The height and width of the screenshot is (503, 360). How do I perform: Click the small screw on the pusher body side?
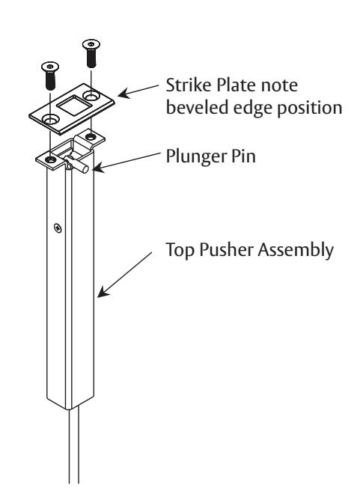pos(59,225)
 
